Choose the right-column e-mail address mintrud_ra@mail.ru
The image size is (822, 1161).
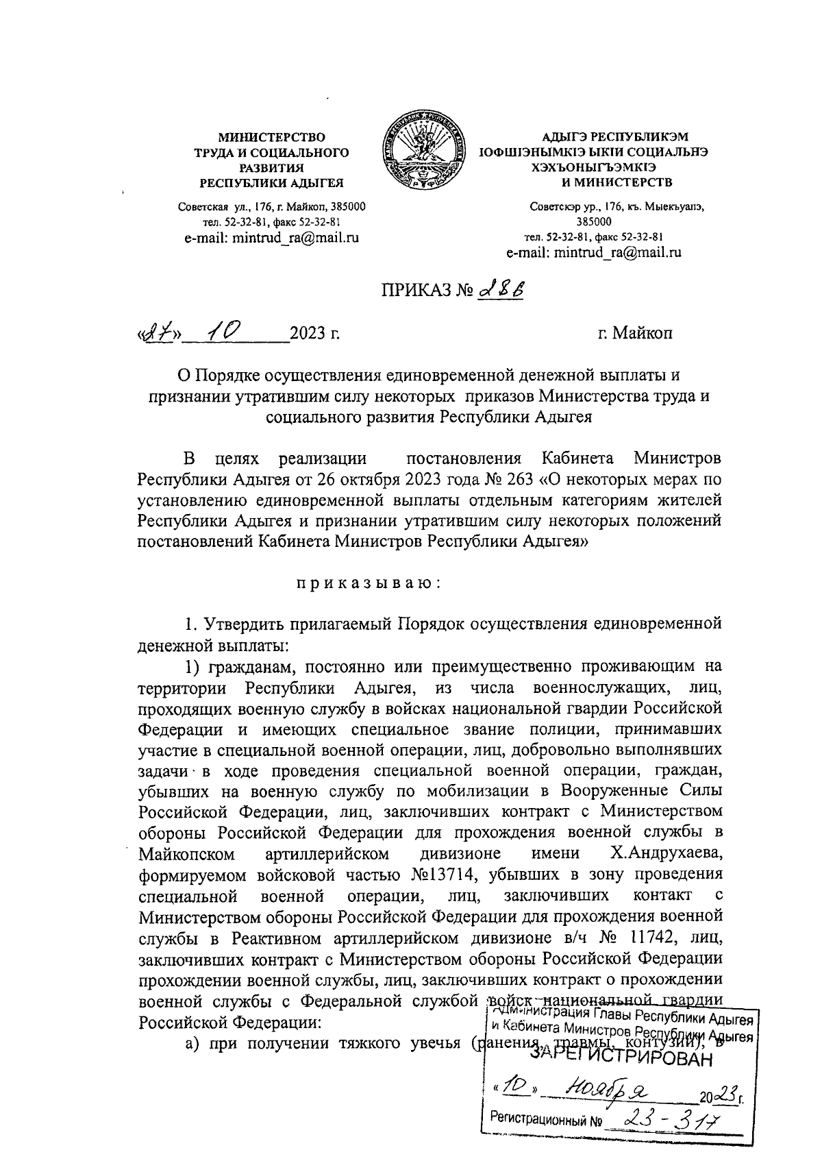click(594, 252)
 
